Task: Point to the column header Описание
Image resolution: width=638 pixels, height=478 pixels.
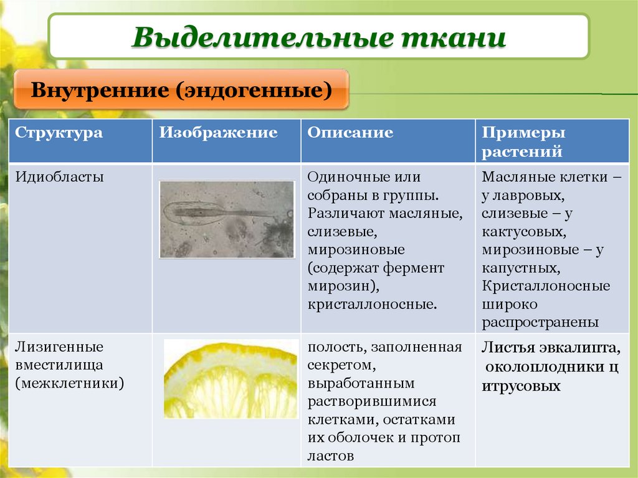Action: click(x=350, y=133)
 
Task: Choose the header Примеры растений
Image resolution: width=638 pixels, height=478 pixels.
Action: click(x=523, y=142)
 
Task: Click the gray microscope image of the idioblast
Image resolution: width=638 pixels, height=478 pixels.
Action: click(x=226, y=219)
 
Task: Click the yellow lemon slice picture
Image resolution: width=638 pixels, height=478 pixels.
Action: click(x=231, y=378)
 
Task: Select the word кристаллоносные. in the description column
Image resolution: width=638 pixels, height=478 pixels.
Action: click(x=372, y=304)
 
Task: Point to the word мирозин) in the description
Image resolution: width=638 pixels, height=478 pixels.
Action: click(x=343, y=286)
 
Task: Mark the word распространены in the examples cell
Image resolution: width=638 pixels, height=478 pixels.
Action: click(x=540, y=323)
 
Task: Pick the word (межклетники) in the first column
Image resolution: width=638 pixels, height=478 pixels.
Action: click(x=69, y=382)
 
